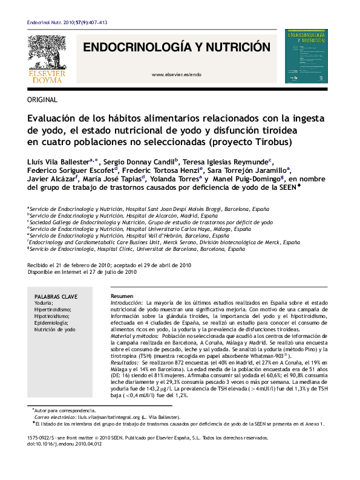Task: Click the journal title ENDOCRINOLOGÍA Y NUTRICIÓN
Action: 176,47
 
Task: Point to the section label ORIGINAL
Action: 42,100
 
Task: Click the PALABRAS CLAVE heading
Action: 56,297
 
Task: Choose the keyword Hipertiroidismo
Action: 52,310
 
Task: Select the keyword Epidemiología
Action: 50,323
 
